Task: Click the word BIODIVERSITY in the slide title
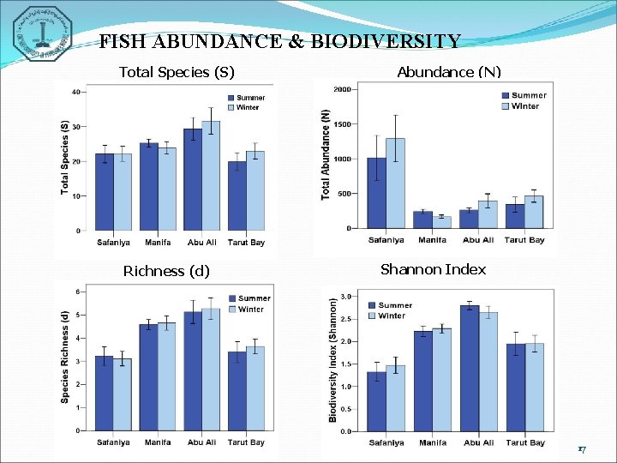click(393, 42)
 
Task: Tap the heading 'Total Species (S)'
click(176, 72)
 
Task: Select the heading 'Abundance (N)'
click(449, 72)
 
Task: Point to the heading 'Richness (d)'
click(166, 272)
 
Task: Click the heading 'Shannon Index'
click(433, 270)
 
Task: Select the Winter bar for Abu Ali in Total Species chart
click(211, 176)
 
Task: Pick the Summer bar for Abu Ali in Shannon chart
click(469, 369)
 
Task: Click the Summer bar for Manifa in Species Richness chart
click(149, 377)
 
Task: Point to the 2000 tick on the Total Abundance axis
click(342, 89)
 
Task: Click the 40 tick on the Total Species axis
click(76, 92)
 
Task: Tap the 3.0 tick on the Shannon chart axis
click(345, 297)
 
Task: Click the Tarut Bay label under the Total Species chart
click(246, 243)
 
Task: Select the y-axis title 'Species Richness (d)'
click(65, 357)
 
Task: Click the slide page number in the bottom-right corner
click(581, 449)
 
